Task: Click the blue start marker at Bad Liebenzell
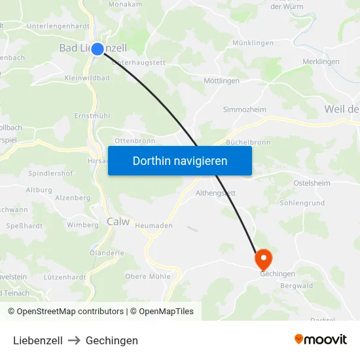tap(98, 48)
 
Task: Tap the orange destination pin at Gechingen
tap(264, 259)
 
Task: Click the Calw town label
tap(118, 222)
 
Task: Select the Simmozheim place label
tap(244, 109)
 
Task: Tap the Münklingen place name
tap(253, 43)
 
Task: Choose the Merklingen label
tap(321, 62)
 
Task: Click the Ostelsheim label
tap(312, 183)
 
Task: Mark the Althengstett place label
tap(216, 193)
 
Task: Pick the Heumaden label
tap(154, 225)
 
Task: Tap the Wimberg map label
tap(82, 225)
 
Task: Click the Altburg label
tap(39, 190)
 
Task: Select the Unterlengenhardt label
tap(58, 26)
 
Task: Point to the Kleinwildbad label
tap(87, 78)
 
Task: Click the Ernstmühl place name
tap(92, 115)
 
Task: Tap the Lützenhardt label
tap(65, 277)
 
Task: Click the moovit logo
tap(321, 339)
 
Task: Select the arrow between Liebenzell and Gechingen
tap(74, 340)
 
